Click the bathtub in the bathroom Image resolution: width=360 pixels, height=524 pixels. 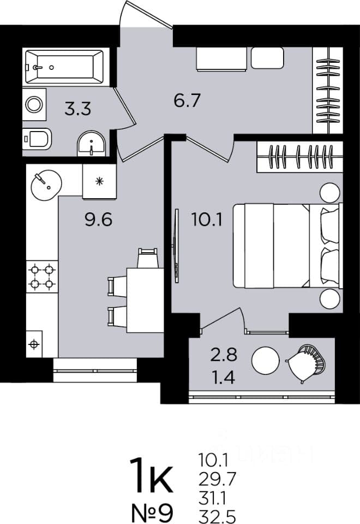(64, 67)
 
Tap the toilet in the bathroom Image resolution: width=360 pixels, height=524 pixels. (37, 139)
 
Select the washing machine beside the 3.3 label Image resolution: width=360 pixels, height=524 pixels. (34, 105)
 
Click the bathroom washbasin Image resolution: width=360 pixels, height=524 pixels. (91, 144)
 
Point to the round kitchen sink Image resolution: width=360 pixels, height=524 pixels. (46, 185)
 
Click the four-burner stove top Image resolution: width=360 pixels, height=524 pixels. (42, 276)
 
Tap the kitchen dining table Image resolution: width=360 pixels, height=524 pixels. (145, 300)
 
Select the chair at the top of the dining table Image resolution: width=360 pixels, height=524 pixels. (148, 258)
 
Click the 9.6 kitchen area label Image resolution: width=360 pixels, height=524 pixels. (98, 219)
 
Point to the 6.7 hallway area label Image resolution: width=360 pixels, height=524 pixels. (187, 100)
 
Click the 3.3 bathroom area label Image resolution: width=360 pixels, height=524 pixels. (78, 109)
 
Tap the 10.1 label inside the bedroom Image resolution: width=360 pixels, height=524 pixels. (207, 219)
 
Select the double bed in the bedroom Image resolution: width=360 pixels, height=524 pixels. (288, 246)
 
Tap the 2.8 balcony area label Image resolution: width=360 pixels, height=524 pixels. (224, 355)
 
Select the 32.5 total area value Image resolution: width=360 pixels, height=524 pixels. (217, 516)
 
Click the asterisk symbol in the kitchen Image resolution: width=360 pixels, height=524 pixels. (99, 181)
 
